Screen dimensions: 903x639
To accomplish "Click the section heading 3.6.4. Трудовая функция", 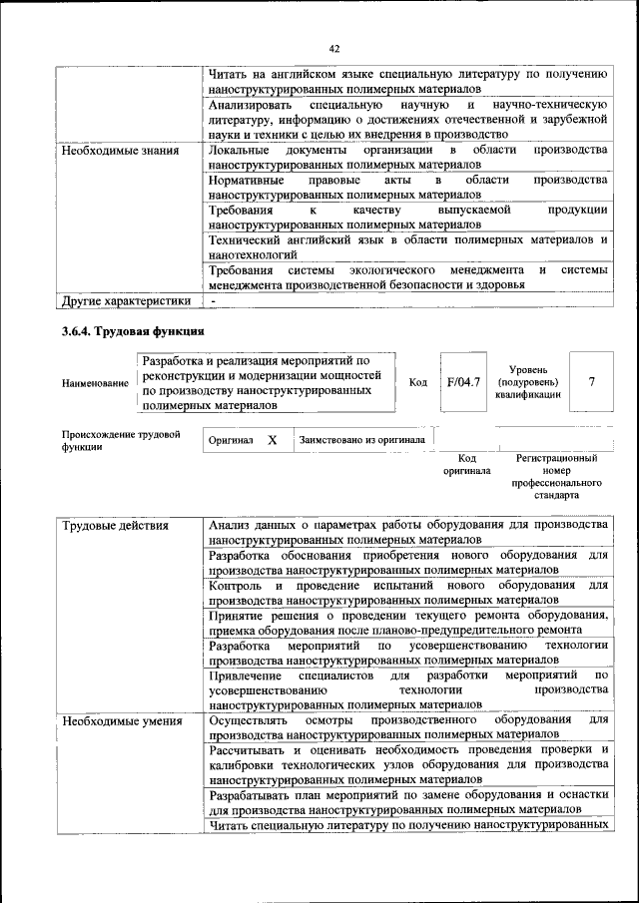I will [x=134, y=331].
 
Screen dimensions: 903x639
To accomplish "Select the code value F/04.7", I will [x=463, y=381].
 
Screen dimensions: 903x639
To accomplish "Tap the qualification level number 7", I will [x=592, y=381].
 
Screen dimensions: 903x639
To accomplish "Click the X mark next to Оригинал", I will [x=272, y=439].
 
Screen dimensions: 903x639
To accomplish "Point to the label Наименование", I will [x=95, y=383].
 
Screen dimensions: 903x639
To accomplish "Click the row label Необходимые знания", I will [x=120, y=151].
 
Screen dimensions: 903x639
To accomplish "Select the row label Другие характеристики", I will [x=126, y=299].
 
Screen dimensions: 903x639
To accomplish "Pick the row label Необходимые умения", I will [x=121, y=720].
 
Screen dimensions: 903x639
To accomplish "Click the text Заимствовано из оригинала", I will [x=361, y=439].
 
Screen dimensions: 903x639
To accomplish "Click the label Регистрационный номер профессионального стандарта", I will [x=556, y=476].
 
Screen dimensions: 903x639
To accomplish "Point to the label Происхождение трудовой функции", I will [x=120, y=440].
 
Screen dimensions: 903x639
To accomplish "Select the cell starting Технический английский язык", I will [x=408, y=247].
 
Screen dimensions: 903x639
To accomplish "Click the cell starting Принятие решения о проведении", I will [x=408, y=623].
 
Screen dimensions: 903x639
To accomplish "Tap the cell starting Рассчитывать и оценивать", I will [x=408, y=763].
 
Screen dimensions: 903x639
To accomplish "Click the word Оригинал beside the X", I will [x=231, y=439].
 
